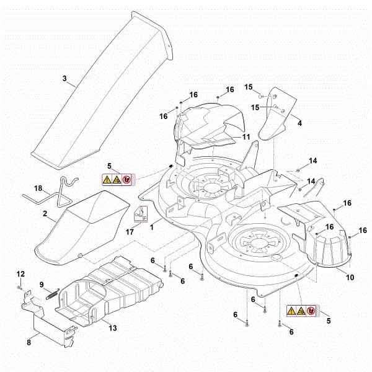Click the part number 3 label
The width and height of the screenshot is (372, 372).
[x=64, y=79]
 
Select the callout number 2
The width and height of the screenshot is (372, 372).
[x=45, y=213]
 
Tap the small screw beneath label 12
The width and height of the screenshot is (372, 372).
[x=20, y=288]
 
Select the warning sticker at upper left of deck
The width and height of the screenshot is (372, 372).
[x=118, y=180]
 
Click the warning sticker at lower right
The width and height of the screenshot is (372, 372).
[x=301, y=311]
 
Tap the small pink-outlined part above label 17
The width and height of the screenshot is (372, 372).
[x=141, y=213]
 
